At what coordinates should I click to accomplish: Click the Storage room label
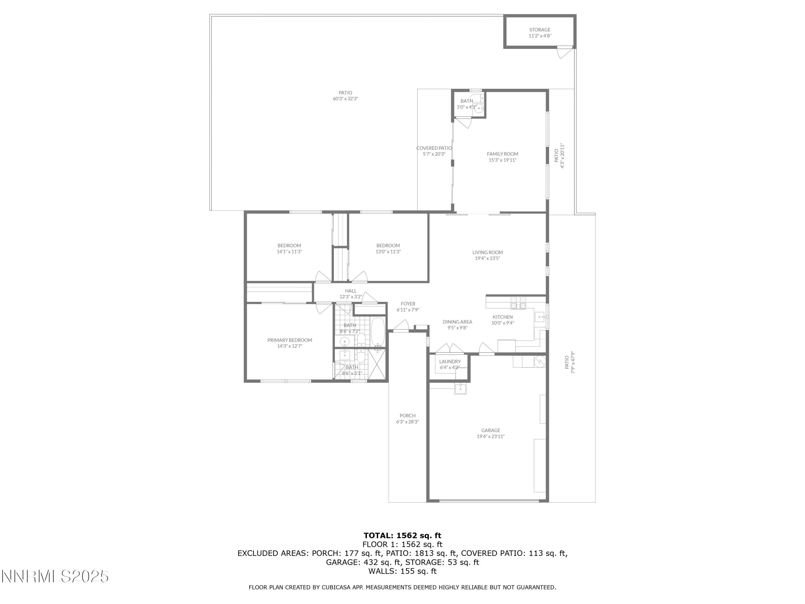pyautogui.click(x=540, y=30)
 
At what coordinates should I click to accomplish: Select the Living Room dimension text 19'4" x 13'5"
pyautogui.click(x=487, y=259)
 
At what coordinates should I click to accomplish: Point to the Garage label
pyautogui.click(x=491, y=430)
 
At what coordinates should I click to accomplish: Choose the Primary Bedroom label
pyautogui.click(x=290, y=340)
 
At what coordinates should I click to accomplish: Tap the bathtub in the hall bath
pyautogui.click(x=378, y=332)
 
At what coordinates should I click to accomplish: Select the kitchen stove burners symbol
pyautogui.click(x=518, y=303)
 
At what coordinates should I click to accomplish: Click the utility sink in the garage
pyautogui.click(x=460, y=388)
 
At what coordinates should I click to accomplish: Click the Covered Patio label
pyautogui.click(x=434, y=148)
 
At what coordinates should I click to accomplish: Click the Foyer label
pyautogui.click(x=408, y=304)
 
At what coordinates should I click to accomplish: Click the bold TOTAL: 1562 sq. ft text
pyautogui.click(x=402, y=536)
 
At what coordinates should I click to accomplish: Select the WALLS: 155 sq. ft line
pyautogui.click(x=402, y=571)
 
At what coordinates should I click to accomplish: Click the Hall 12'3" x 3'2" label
pyautogui.click(x=350, y=294)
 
